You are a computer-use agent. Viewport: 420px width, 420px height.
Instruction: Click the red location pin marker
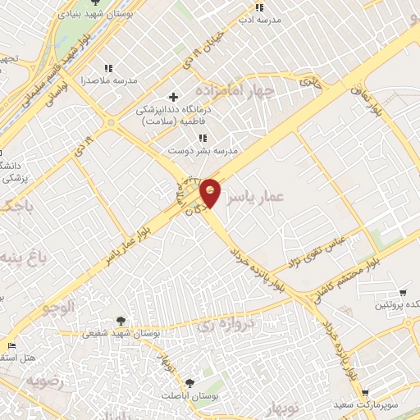point(210,193)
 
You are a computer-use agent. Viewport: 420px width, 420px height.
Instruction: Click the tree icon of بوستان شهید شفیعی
point(121,321)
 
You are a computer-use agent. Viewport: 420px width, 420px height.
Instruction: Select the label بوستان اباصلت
point(189,396)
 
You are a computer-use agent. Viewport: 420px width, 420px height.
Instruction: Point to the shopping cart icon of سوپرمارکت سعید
point(364,393)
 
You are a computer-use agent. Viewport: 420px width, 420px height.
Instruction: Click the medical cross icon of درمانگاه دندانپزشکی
point(173,97)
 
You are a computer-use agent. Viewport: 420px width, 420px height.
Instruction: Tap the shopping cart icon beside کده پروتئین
point(403,292)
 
